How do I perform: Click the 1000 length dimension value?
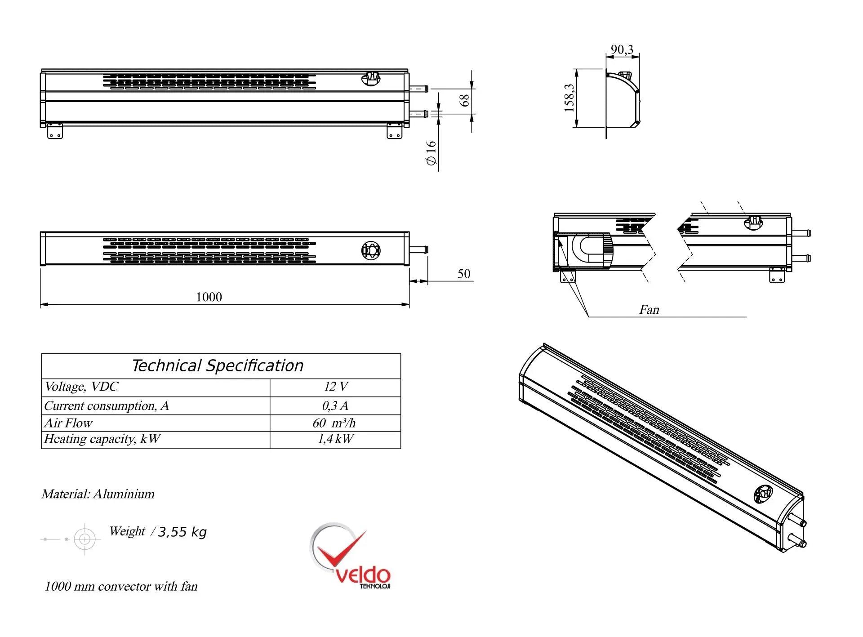pos(209,297)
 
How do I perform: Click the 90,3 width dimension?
pos(622,49)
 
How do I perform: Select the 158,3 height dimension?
pos(569,98)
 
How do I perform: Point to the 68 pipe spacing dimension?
pos(465,100)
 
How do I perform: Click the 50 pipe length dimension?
pos(464,274)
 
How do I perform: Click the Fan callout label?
pos(649,310)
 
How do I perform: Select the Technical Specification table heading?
pos(218,365)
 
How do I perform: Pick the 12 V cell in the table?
pos(335,387)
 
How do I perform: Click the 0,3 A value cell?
pos(335,406)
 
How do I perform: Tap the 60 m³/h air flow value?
pos(334,423)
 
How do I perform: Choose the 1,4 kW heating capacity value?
pos(335,439)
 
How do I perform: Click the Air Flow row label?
pos(68,423)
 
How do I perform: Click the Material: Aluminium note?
pos(98,494)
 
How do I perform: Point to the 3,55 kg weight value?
pos(182,532)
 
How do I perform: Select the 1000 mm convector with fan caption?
pos(121,587)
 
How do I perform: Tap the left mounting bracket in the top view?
pos(55,131)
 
